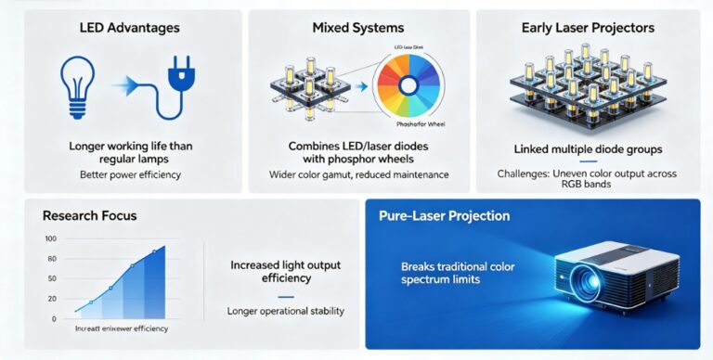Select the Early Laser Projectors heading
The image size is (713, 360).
tap(589, 29)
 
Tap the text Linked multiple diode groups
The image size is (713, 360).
tap(589, 148)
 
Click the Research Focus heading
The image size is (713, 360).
tap(90, 216)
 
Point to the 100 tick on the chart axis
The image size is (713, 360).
tap(51, 239)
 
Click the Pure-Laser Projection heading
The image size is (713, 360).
tap(444, 216)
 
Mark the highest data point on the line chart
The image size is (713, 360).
tap(154, 252)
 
